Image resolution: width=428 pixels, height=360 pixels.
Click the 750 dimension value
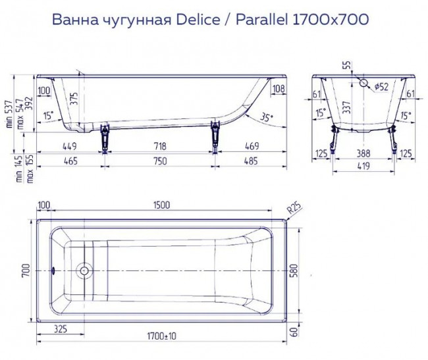pos(159,161)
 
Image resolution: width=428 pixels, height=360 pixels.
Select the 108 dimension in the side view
pos(278,89)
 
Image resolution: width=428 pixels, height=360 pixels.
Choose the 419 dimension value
pos(363,167)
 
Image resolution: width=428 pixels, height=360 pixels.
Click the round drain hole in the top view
pos(84,270)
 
